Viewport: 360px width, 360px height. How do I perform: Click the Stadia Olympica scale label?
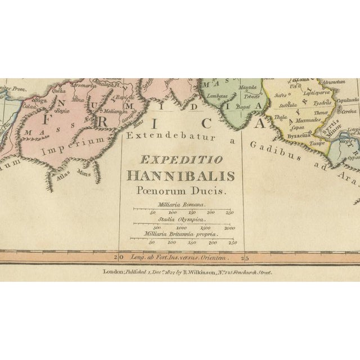click(x=182, y=221)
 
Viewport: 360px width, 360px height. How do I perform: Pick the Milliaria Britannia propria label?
click(x=182, y=235)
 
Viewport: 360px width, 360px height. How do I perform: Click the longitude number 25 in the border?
click(x=244, y=258)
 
